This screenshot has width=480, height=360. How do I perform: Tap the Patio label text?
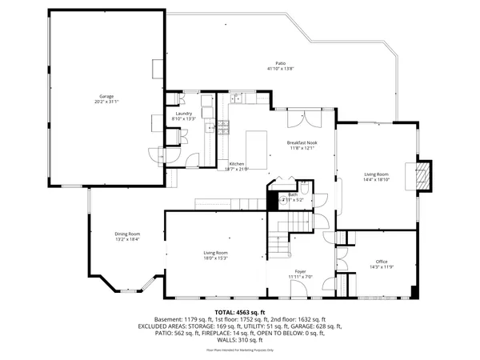(280, 62)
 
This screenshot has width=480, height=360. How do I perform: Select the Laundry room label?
(185, 114)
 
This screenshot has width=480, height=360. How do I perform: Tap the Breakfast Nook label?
(302, 142)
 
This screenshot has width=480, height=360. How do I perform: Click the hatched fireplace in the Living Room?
(423, 177)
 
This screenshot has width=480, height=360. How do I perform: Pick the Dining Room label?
(127, 234)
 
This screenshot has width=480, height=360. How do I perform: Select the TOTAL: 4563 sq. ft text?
(239, 311)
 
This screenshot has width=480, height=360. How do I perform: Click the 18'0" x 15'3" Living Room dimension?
(215, 258)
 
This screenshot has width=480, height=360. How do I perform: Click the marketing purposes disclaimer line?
(240, 350)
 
